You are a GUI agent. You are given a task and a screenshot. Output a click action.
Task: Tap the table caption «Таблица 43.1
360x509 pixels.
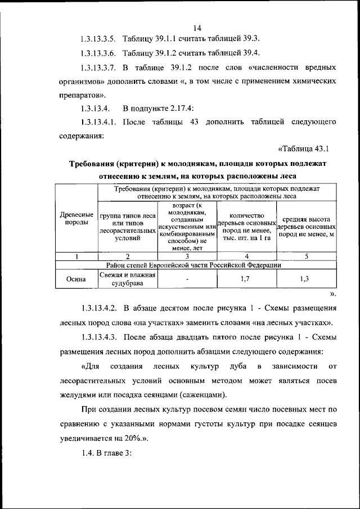[x=303, y=149]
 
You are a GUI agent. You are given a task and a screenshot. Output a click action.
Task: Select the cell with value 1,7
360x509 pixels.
[x=245, y=279]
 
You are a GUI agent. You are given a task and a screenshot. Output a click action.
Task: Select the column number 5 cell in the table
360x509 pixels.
[x=307, y=257]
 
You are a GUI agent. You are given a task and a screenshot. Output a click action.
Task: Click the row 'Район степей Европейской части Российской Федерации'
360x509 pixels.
[x=197, y=265]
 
